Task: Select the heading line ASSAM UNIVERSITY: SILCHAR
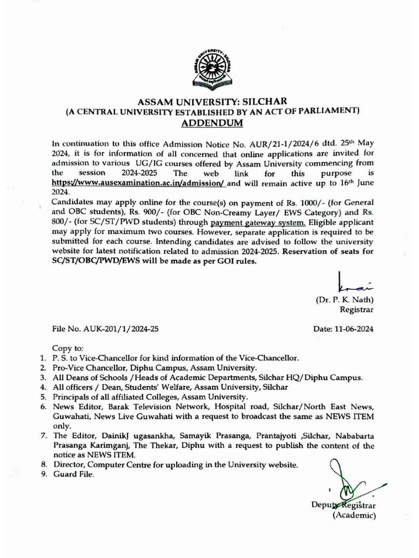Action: [x=209, y=101]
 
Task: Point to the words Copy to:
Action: [x=68, y=348]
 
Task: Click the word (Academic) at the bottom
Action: [x=355, y=515]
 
